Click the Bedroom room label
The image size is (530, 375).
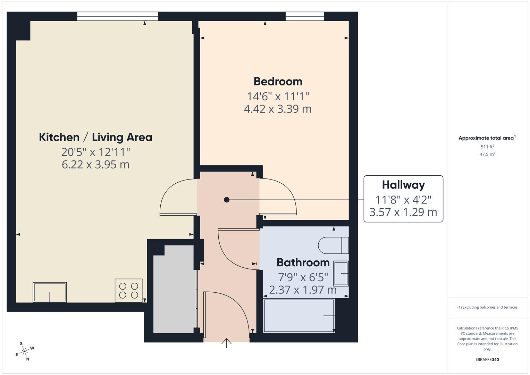(x=278, y=81)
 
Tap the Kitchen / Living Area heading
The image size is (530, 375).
(x=95, y=137)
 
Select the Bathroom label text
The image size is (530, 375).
(x=303, y=262)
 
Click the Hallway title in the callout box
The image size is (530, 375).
(x=403, y=185)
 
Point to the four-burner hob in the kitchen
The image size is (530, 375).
(x=129, y=291)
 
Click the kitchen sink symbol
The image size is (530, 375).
(x=50, y=292)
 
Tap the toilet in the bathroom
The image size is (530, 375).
(x=333, y=245)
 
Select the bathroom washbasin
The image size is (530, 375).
(x=341, y=274)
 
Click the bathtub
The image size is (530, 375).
(x=299, y=316)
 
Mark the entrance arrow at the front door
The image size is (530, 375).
(x=226, y=343)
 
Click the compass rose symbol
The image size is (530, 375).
(x=24, y=351)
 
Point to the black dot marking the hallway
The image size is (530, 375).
(x=227, y=200)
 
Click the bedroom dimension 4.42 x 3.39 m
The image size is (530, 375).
(x=278, y=109)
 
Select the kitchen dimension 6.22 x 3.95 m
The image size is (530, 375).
(x=95, y=164)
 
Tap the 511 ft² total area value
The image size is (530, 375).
(x=487, y=147)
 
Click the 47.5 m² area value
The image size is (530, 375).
(x=487, y=155)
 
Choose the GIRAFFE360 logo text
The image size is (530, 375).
(x=487, y=360)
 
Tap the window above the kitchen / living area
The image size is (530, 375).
(x=117, y=16)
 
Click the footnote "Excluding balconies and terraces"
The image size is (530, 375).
(x=487, y=307)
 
